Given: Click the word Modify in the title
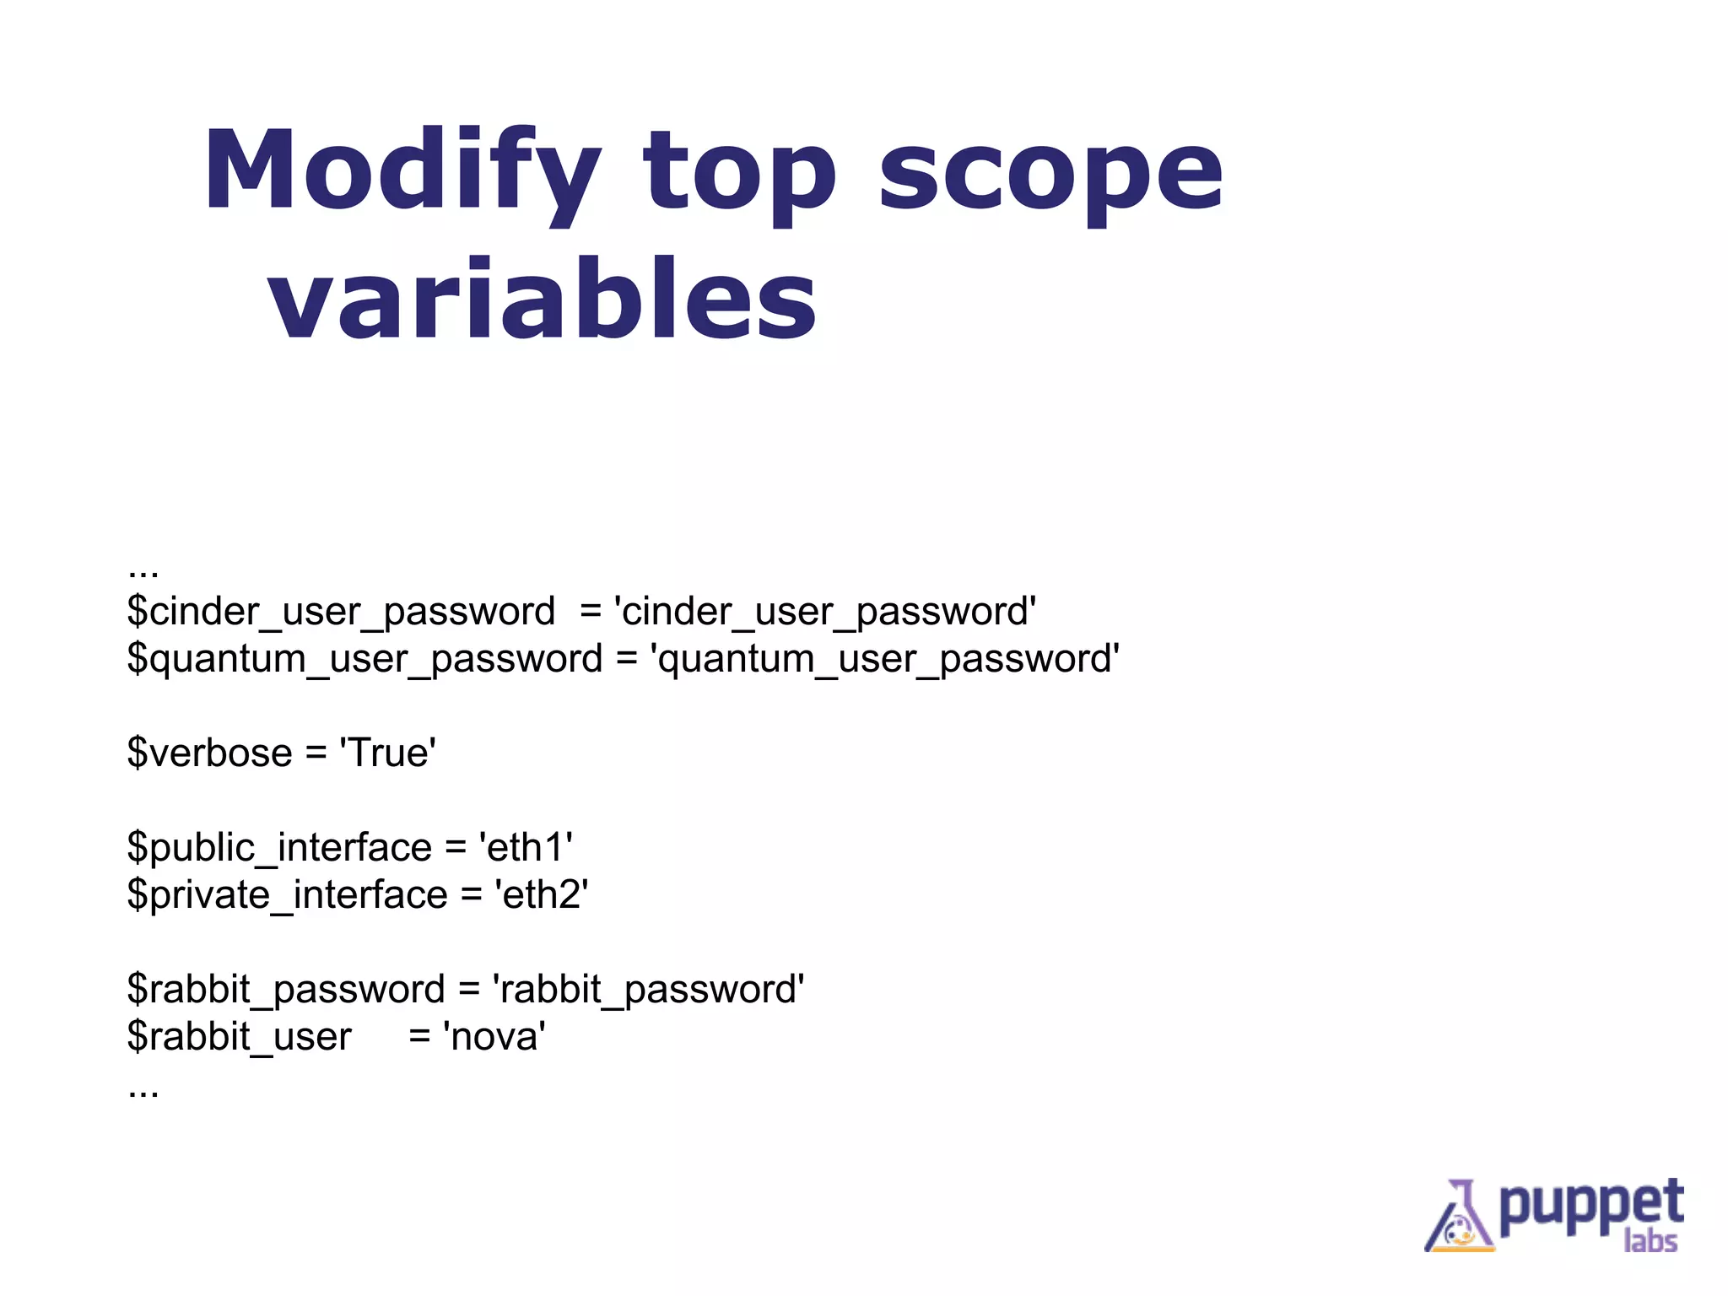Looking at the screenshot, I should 402,170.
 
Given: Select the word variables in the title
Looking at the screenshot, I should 542,300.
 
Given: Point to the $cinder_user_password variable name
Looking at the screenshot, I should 341,612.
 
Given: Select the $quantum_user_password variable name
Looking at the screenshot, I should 364,659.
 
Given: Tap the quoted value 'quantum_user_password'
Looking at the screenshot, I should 884,659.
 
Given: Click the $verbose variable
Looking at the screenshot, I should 209,753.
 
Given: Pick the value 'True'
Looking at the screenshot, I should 387,753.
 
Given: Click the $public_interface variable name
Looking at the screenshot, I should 279,847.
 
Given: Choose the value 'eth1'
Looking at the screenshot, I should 526,847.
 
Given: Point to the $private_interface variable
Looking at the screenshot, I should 287,894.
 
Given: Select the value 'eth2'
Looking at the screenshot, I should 541,894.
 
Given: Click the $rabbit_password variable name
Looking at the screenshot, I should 285,989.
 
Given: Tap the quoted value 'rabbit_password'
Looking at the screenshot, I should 648,989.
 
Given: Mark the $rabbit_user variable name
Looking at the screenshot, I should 239,1036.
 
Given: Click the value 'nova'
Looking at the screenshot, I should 494,1036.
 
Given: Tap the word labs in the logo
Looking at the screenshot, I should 1650,1241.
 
